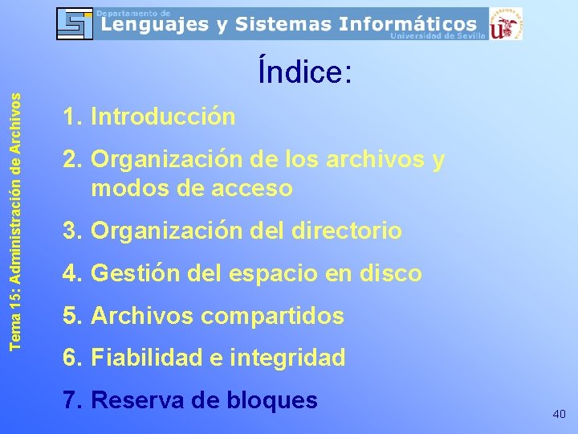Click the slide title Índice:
tap(305, 72)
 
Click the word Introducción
tap(164, 117)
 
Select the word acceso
tap(249, 189)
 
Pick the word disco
tap(393, 274)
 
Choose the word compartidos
tap(272, 317)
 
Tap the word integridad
tap(287, 358)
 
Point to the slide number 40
tap(560, 414)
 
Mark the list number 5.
tap(70, 317)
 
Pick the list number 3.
tap(70, 231)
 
